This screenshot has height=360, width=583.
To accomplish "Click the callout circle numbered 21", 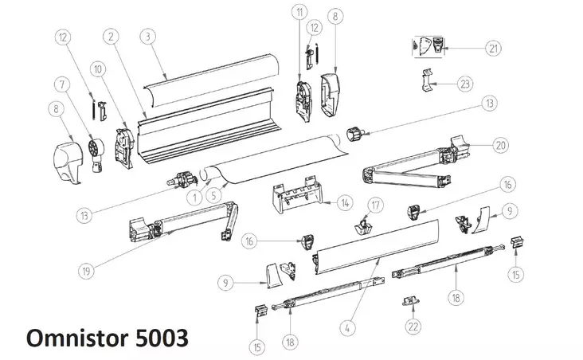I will click(495, 49).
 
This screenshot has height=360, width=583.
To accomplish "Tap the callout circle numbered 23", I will click(465, 84).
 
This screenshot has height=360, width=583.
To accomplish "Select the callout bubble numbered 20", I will click(499, 145).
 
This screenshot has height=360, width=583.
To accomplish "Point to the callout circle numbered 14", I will click(343, 204).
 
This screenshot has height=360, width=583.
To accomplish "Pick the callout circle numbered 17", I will click(374, 206).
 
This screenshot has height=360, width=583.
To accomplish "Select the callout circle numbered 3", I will click(147, 35).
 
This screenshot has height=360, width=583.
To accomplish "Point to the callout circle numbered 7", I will click(60, 84).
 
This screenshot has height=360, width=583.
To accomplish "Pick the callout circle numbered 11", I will click(299, 13).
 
